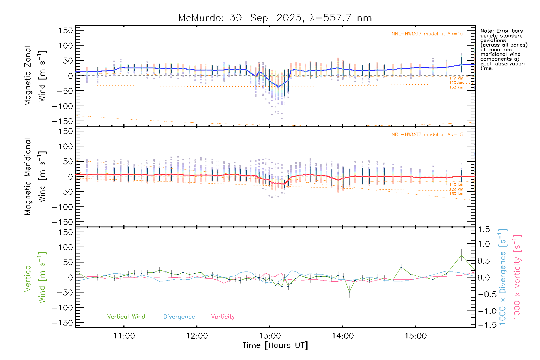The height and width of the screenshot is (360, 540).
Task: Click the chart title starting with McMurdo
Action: pos(275,18)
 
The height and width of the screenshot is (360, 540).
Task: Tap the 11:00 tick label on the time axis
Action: pos(124,336)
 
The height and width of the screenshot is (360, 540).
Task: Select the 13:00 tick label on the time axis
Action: pos(270,336)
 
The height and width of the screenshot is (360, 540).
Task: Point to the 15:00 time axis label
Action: pos(415,336)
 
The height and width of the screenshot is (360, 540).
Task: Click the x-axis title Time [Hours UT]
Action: pos(275,346)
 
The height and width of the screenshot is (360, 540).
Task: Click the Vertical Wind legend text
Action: pos(126,317)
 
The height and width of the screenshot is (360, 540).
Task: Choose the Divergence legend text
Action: pos(179,317)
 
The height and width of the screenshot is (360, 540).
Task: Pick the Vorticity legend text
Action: pos(223,317)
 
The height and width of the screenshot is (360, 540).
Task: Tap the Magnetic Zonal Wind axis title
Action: pos(35,76)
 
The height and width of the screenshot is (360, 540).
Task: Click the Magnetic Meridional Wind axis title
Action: pos(35,177)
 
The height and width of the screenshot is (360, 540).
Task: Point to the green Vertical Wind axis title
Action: pos(35,277)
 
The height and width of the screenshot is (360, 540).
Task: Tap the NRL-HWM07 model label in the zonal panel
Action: pos(427,34)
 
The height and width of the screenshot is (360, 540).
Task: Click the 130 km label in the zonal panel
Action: pos(456,87)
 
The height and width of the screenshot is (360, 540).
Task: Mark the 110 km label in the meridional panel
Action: pos(456,185)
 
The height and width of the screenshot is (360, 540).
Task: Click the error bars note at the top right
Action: pos(503,49)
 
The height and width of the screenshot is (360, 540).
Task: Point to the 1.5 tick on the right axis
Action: pos(484,229)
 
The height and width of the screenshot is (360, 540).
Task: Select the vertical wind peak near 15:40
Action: pos(461,255)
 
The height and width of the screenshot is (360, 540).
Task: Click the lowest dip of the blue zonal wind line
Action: pos(278,87)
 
